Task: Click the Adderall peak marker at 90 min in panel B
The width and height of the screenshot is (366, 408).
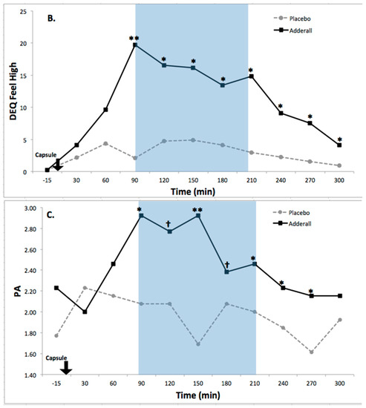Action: click(135, 45)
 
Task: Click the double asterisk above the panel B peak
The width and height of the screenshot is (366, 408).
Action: click(135, 36)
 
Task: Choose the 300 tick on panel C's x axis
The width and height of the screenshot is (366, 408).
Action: click(339, 384)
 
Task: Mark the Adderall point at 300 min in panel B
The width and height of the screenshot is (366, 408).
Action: click(339, 145)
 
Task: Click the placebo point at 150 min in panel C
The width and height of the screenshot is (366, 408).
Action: click(197, 344)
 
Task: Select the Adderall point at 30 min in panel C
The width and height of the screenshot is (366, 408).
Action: click(85, 312)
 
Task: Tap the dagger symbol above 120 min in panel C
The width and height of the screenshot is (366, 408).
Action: click(170, 223)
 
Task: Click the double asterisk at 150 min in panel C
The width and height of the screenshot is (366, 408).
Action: click(197, 210)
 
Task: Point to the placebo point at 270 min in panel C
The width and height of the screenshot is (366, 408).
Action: click(311, 352)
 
